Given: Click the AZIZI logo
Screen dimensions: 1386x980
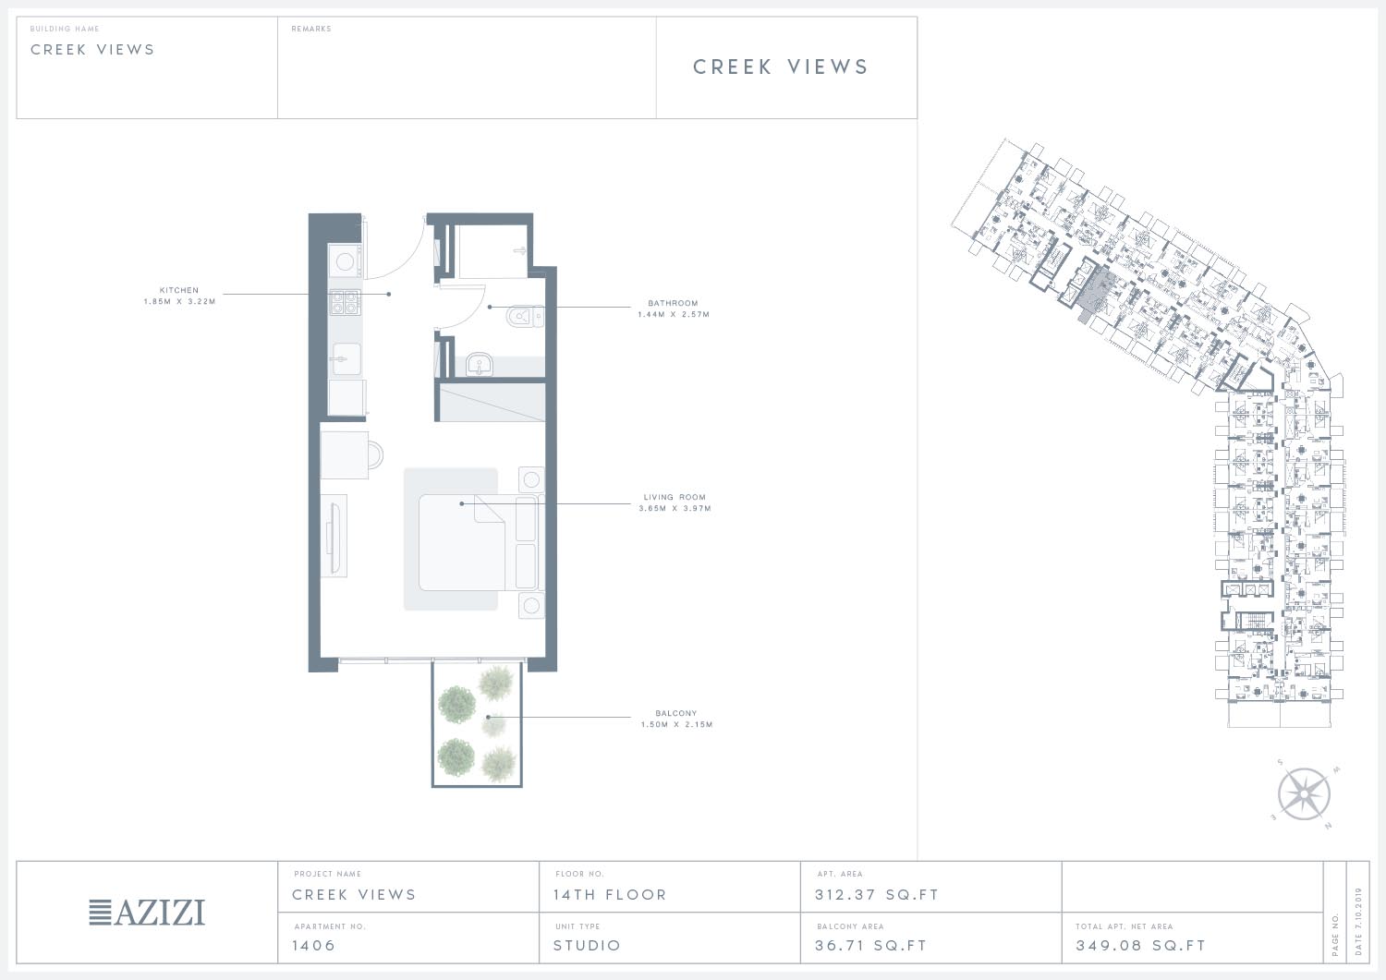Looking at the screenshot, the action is click(x=147, y=913).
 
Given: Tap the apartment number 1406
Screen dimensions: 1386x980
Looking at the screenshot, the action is click(x=314, y=945).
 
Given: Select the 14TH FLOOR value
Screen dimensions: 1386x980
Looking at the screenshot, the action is click(x=610, y=895).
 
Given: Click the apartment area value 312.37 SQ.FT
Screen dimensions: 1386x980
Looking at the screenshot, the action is click(x=877, y=895).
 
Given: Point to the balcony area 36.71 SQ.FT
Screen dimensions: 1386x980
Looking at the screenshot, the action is click(x=870, y=945).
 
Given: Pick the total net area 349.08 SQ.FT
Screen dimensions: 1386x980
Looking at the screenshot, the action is click(x=1140, y=945).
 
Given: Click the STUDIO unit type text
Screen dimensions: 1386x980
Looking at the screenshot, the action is click(x=587, y=945).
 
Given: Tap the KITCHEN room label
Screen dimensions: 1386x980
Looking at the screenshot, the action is click(x=179, y=290).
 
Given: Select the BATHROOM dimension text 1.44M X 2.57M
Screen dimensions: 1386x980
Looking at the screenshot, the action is click(x=674, y=314).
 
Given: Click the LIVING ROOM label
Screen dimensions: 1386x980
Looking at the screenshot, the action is click(x=675, y=497).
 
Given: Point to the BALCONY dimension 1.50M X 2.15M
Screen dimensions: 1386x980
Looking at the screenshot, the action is click(x=676, y=724).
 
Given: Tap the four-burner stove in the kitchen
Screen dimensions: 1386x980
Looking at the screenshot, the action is click(x=345, y=302).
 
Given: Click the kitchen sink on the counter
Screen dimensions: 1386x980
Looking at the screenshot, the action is click(x=346, y=358).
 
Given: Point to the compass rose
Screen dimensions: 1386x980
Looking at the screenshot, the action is click(x=1304, y=794).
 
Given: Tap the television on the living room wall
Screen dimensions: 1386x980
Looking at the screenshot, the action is click(x=334, y=536).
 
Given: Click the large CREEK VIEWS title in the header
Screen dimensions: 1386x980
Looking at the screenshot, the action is click(x=780, y=67).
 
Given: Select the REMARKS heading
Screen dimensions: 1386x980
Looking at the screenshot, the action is click(x=311, y=29).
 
